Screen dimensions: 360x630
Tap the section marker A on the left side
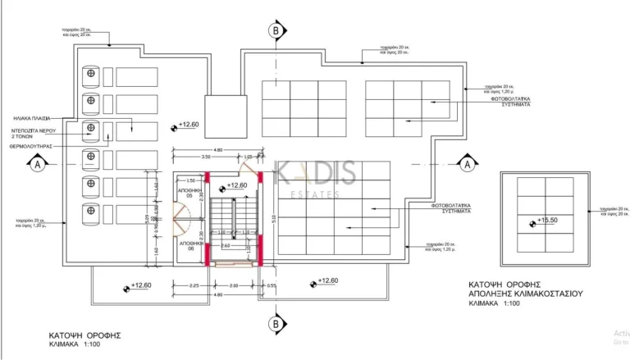pyautogui.click(x=37, y=165)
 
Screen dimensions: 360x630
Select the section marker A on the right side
pyautogui.click(x=466, y=165)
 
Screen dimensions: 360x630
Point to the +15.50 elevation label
pyautogui.click(x=546, y=221)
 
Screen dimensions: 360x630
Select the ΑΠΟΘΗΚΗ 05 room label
pyautogui.click(x=189, y=194)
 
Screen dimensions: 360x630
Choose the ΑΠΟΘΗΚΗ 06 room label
pyautogui.click(x=189, y=247)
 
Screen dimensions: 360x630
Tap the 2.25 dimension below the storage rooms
pyautogui.click(x=194, y=285)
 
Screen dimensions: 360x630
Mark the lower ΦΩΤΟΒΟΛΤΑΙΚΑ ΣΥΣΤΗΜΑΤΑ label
pyautogui.click(x=452, y=208)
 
